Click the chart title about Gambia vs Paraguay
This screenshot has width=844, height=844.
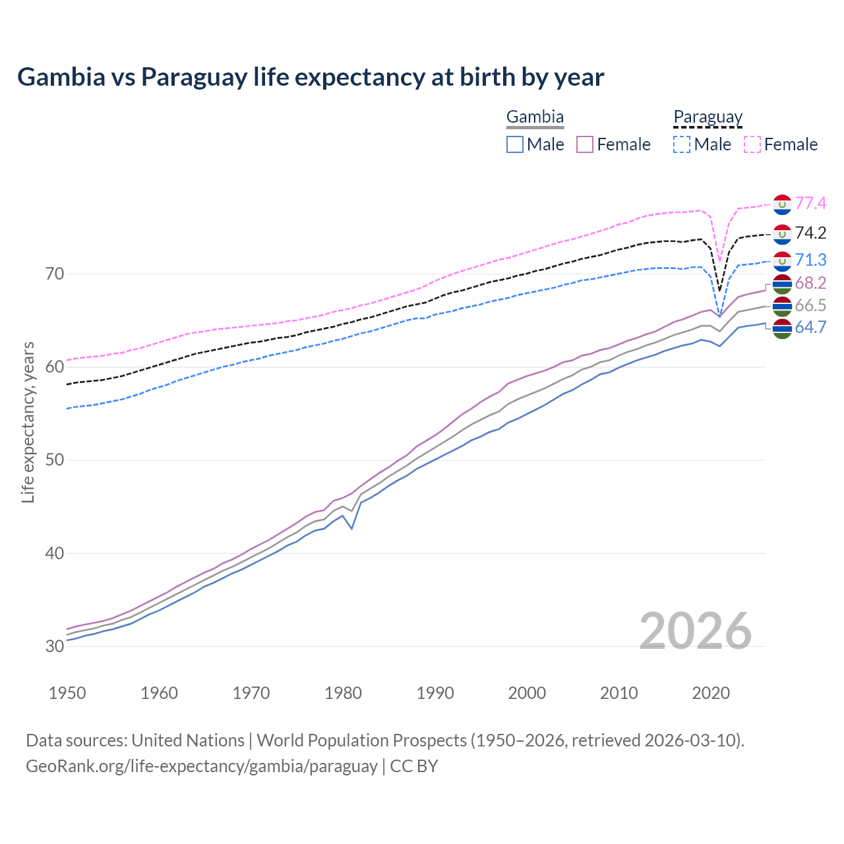311,77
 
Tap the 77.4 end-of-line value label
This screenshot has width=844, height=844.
810,204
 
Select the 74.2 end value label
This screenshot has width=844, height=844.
810,233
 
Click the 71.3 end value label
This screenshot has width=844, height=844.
810,260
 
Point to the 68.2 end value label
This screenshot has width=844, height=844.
810,284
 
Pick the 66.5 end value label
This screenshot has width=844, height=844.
810,306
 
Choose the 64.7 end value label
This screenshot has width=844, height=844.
810,328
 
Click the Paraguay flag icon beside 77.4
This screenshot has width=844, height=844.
782,204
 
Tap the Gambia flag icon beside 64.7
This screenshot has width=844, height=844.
782,328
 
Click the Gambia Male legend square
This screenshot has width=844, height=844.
515,144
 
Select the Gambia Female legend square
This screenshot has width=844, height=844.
585,144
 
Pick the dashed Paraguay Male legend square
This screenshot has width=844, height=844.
682,144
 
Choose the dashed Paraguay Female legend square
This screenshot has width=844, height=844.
752,144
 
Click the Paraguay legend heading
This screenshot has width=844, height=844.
708,117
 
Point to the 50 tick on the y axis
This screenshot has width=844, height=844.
55,460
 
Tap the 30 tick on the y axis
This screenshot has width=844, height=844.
55,646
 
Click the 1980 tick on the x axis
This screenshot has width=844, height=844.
343,693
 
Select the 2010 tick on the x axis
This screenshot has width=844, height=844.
618,693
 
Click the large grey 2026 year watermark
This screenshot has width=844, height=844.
695,631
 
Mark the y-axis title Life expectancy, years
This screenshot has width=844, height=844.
28,422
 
